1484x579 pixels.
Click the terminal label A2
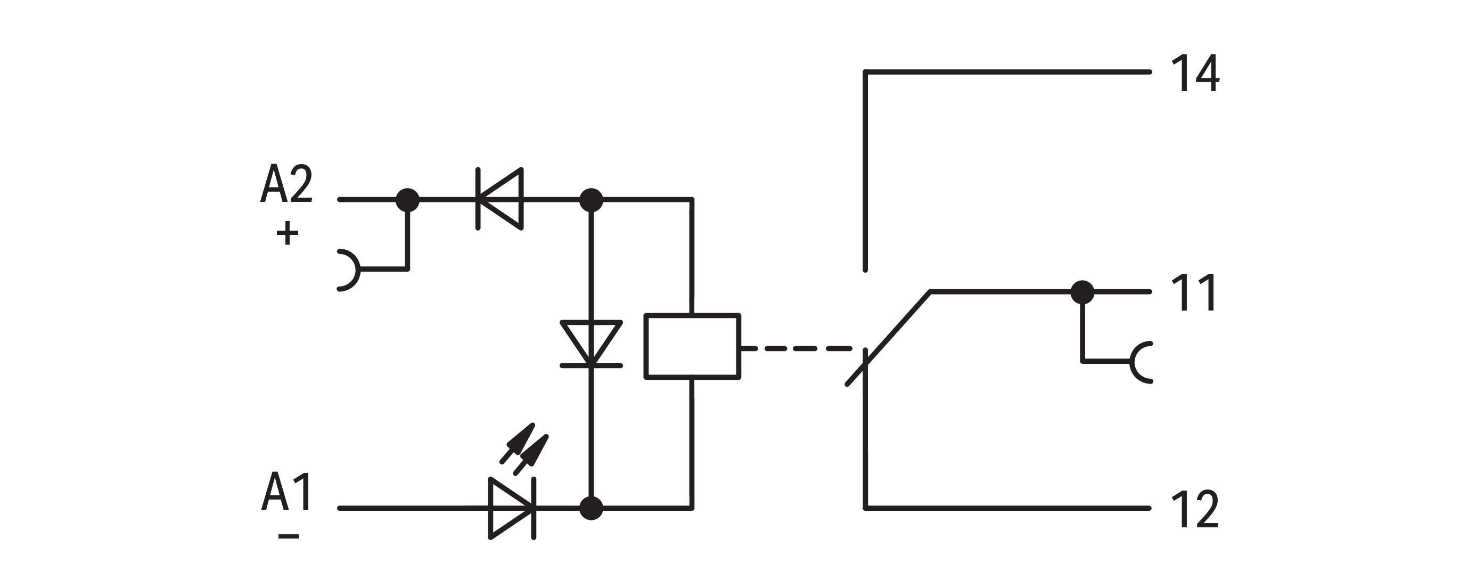pyautogui.click(x=286, y=184)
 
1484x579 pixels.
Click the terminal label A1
pyautogui.click(x=286, y=492)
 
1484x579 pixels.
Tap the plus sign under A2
pyautogui.click(x=288, y=234)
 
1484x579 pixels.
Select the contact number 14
pyautogui.click(x=1195, y=73)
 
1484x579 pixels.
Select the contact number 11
pyautogui.click(x=1194, y=292)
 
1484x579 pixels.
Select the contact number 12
pyautogui.click(x=1195, y=509)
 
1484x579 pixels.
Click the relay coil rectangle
pyautogui.click(x=692, y=346)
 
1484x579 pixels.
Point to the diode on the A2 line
pyautogui.click(x=500, y=199)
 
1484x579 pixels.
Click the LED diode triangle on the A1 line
pyautogui.click(x=512, y=509)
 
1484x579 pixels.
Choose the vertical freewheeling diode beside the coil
pyautogui.click(x=591, y=344)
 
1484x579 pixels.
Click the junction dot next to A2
pyautogui.click(x=408, y=200)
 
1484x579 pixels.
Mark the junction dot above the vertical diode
pyautogui.click(x=591, y=200)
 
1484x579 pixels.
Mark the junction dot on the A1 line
pyautogui.click(x=591, y=509)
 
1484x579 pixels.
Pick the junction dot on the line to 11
pyautogui.click(x=1083, y=292)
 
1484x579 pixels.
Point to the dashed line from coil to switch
pyautogui.click(x=797, y=348)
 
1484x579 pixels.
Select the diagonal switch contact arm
pyautogui.click(x=888, y=338)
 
